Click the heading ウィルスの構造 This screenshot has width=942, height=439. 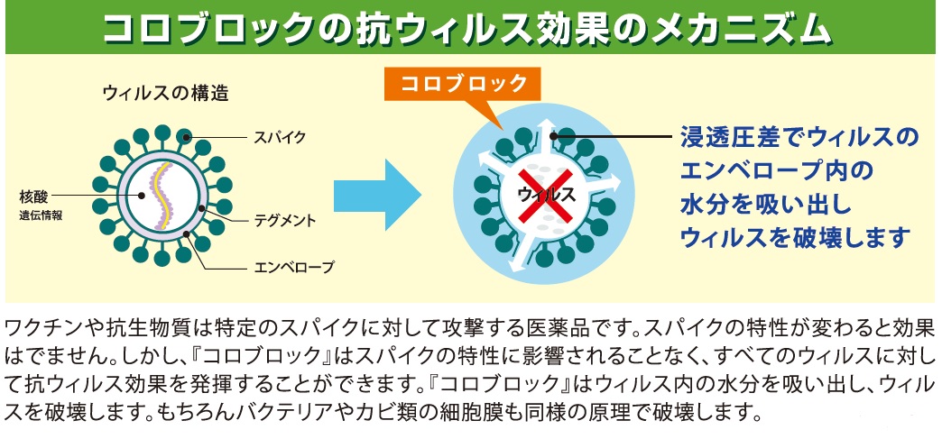(x=153, y=92)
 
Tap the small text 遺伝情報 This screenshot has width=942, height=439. (x=42, y=216)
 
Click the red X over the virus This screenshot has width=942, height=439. (x=547, y=193)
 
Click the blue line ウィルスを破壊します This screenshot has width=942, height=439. (x=794, y=238)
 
